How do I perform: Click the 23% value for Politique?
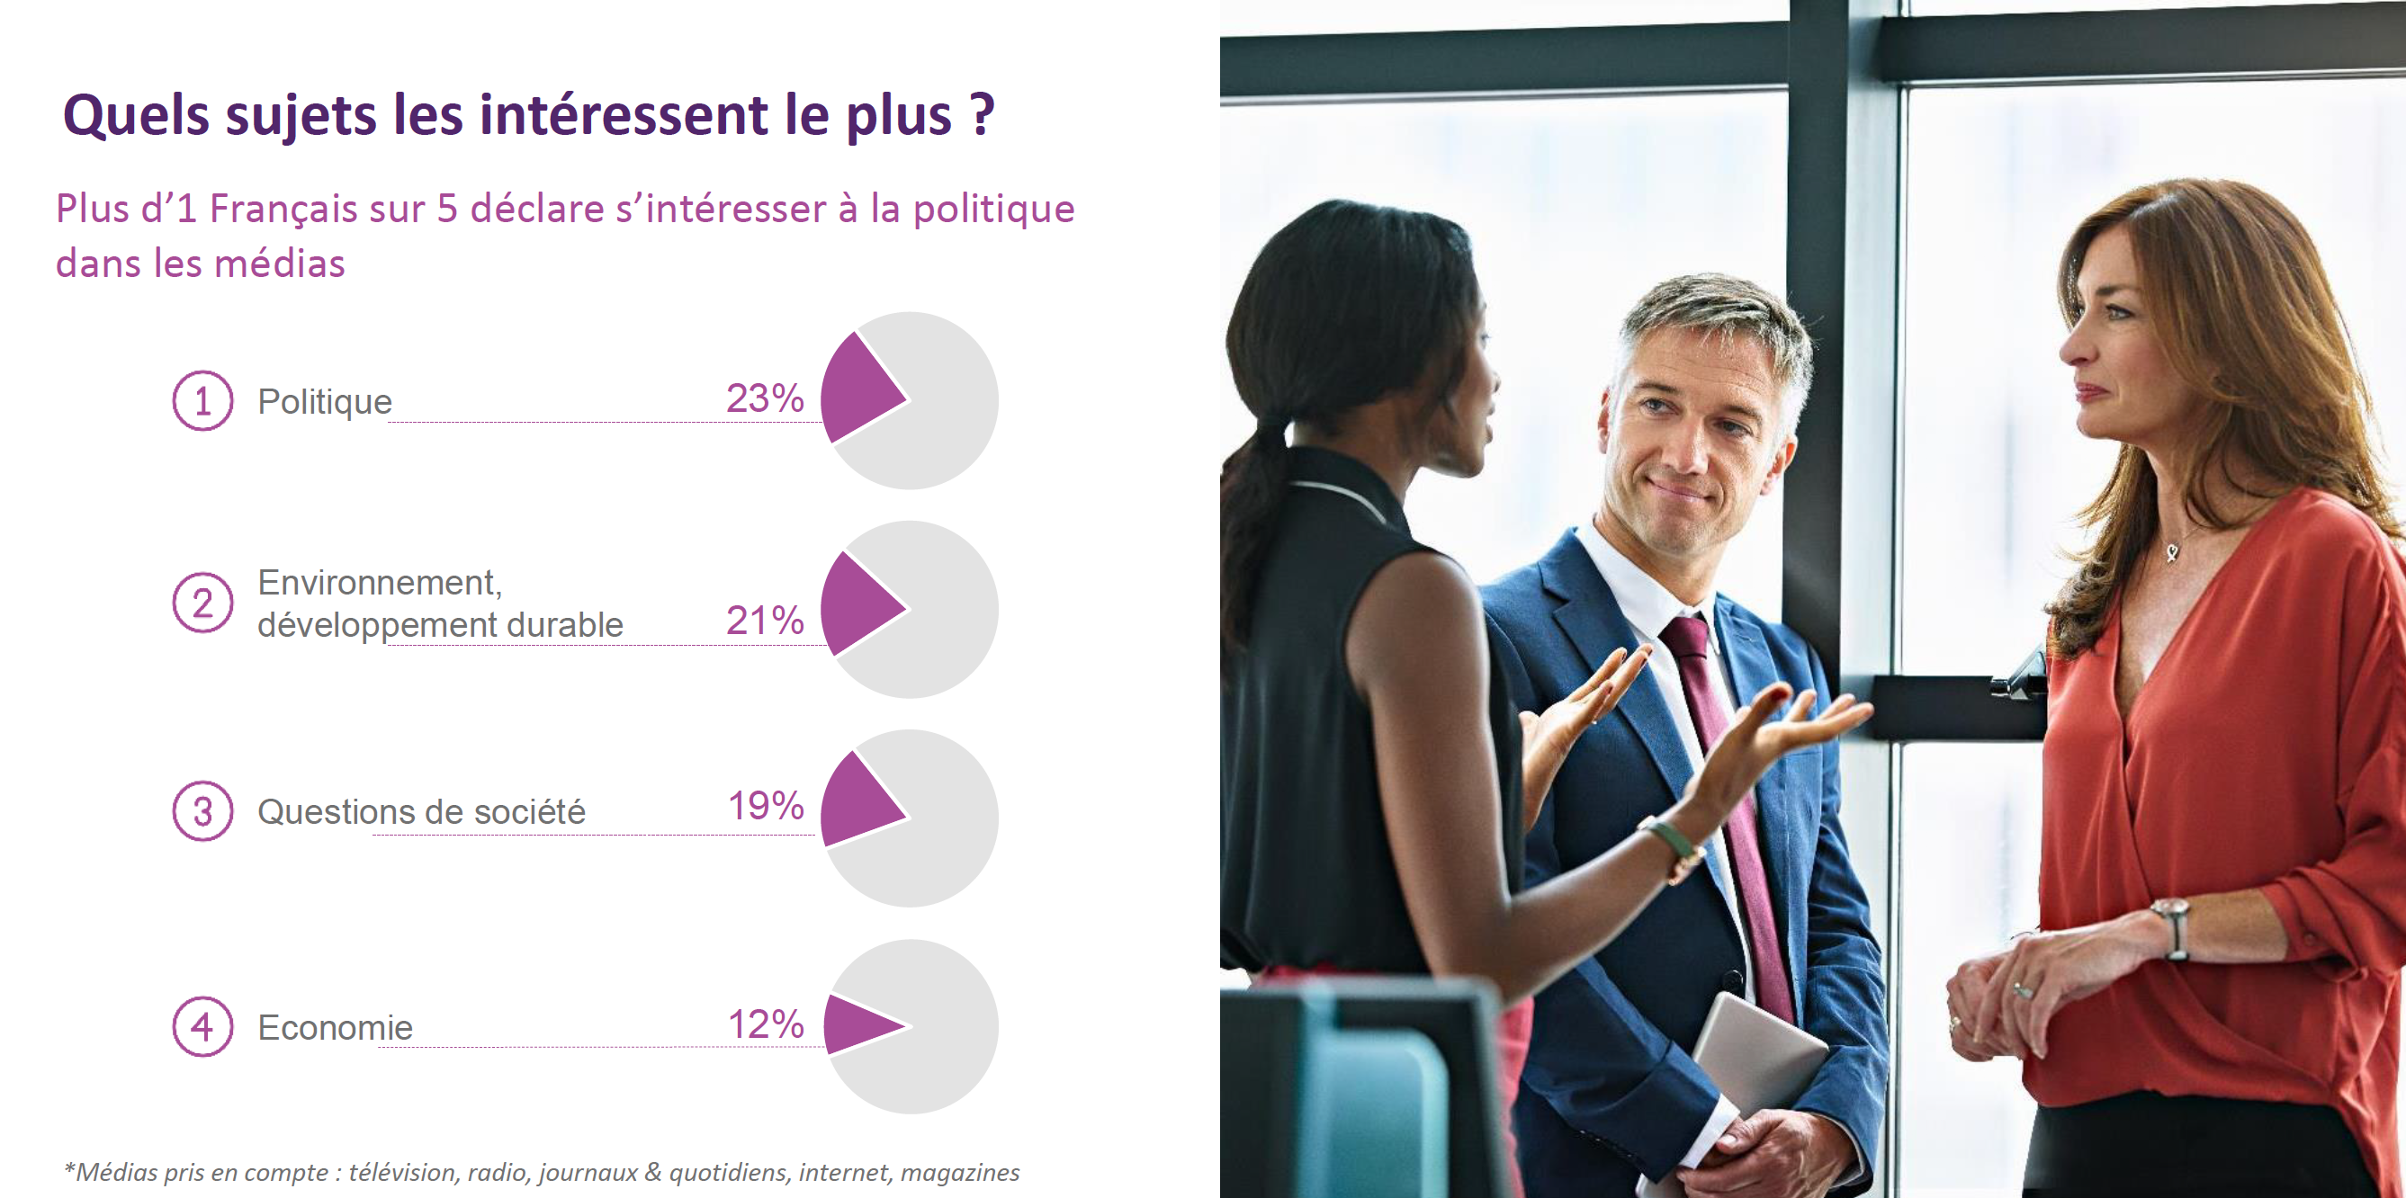point(764,398)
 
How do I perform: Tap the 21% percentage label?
point(764,621)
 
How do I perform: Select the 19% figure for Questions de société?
point(765,806)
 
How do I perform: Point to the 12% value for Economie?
point(765,1024)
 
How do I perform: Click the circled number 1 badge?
point(202,400)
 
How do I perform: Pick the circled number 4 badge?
point(202,1026)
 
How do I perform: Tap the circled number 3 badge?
point(202,811)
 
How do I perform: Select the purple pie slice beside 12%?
point(857,1024)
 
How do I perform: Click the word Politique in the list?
point(324,401)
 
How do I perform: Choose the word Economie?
point(335,1027)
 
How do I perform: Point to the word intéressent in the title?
point(623,115)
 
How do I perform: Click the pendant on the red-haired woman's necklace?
point(2172,553)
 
